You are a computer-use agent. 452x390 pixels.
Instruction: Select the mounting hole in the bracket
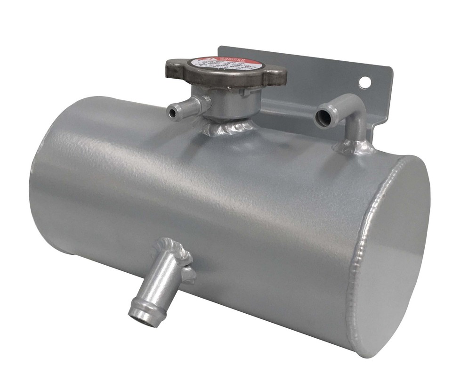coord(364,82)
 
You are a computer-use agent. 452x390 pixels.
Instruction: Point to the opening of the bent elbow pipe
coord(323,118)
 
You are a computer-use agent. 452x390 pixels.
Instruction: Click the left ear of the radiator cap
coord(175,70)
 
